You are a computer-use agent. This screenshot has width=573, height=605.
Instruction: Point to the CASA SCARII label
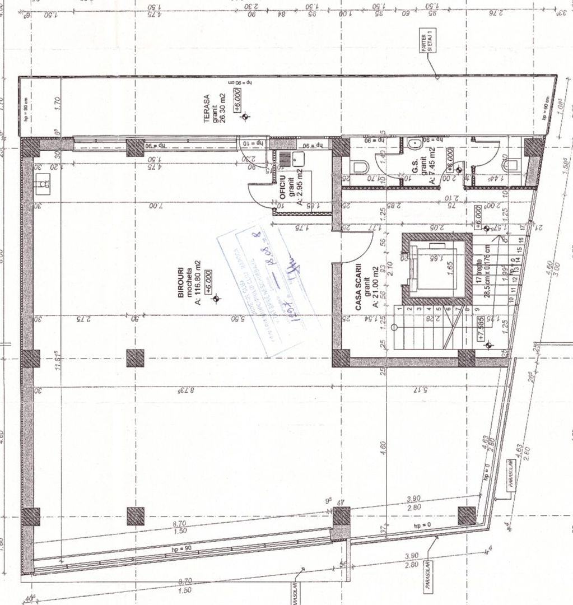(358, 289)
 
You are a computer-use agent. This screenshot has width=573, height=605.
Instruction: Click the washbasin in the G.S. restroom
(415, 144)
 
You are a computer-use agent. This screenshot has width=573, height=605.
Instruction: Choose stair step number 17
(521, 227)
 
